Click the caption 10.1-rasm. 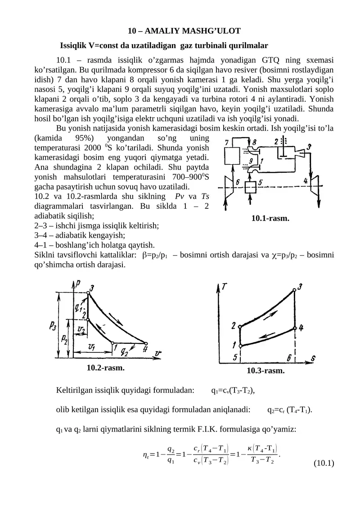[x=270, y=219]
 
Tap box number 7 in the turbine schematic [x=233, y=157]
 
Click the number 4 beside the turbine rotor [x=306, y=180]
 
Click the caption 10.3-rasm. [x=265, y=371]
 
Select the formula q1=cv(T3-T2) [x=233, y=391]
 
